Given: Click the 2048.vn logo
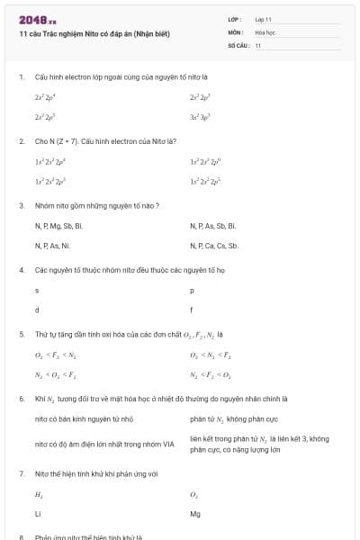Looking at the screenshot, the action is click(37, 20).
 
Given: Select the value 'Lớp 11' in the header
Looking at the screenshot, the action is click(263, 18).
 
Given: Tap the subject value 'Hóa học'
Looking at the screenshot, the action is click(265, 31).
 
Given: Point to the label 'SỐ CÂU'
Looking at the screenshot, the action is click(238, 45).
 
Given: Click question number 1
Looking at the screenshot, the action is click(21, 77).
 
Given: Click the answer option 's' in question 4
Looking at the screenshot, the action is click(37, 291).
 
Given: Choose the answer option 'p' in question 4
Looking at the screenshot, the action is click(192, 291).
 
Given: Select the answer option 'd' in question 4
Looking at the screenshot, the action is click(37, 310).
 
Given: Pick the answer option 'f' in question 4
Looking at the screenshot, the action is click(192, 310).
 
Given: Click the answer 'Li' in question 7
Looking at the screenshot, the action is click(38, 514).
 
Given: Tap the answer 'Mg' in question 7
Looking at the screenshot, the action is click(195, 514).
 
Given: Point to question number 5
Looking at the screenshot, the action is click(21, 334).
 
